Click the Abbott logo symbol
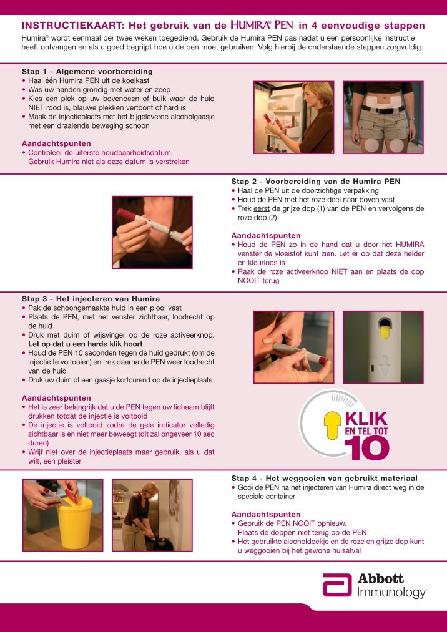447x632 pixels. tap(337, 585)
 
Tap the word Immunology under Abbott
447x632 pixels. tap(391, 593)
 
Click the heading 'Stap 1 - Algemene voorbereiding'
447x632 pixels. tap(87, 72)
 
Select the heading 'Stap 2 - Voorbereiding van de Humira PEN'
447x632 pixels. tap(315, 182)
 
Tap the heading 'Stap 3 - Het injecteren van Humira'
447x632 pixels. tap(91, 298)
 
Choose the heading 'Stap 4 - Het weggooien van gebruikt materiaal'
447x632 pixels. tap(324, 478)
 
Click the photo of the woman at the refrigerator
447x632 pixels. tap(293, 117)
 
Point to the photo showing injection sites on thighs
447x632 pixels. tap(383, 117)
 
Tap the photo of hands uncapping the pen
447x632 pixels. tap(152, 232)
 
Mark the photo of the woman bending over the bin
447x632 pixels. tap(145, 515)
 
